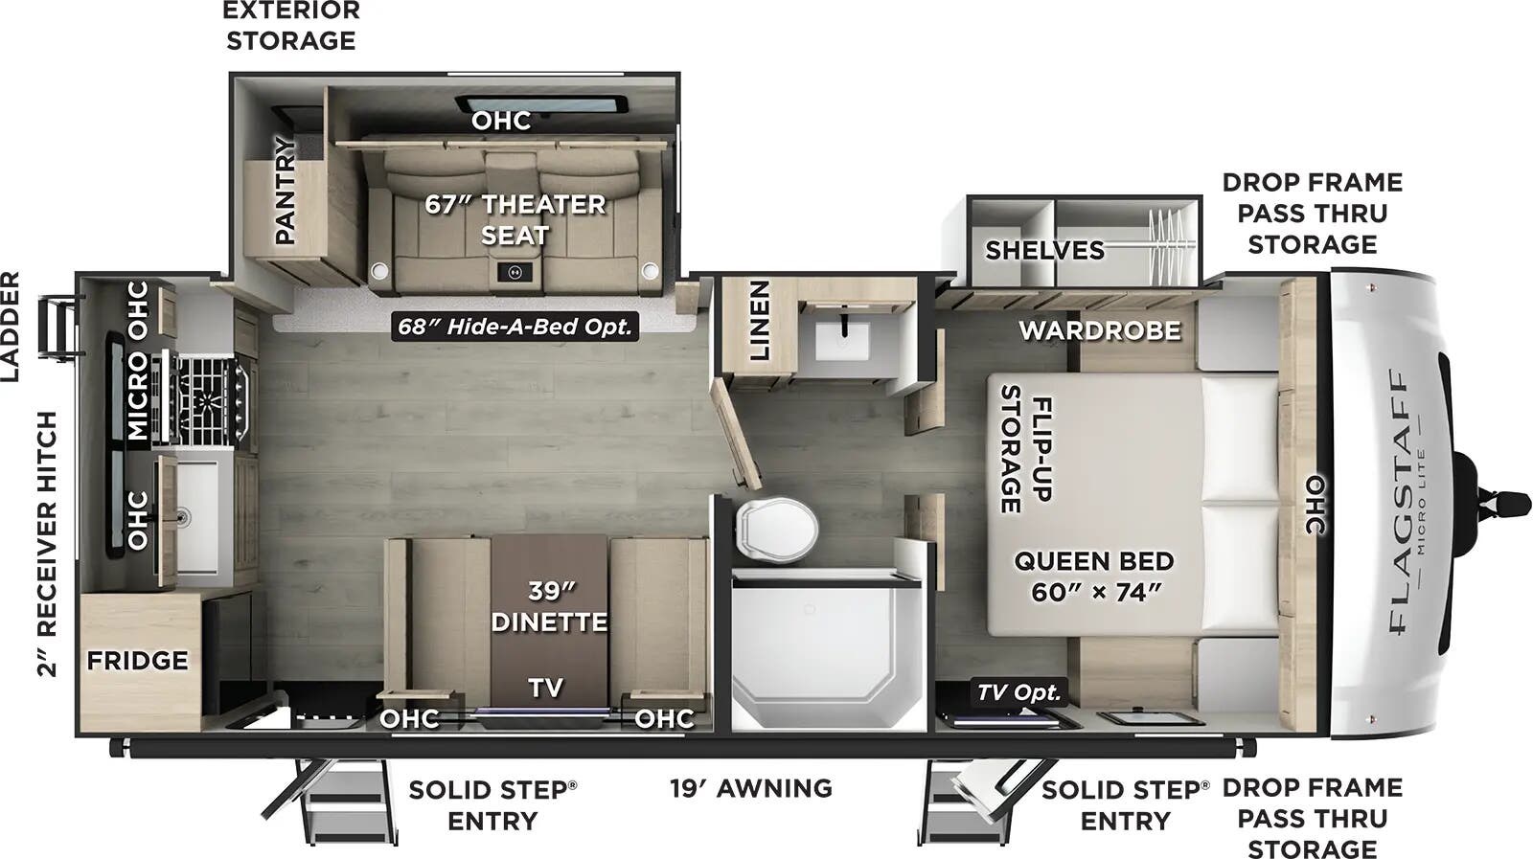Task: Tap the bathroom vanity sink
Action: tap(841, 341)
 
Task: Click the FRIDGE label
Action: tap(137, 661)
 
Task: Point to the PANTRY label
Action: tap(285, 191)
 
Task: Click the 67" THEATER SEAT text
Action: tap(515, 219)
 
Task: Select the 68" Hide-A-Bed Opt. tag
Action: tap(515, 327)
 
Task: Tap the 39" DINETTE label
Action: tap(549, 606)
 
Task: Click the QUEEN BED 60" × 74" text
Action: tap(1094, 576)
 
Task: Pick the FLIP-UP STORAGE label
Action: tap(1025, 448)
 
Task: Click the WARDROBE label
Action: tap(1099, 330)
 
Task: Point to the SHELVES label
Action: tap(1044, 250)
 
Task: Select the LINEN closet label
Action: tap(759, 320)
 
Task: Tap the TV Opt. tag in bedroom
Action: tap(1018, 692)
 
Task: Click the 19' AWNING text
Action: tap(750, 788)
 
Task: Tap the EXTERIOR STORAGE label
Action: tap(291, 26)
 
